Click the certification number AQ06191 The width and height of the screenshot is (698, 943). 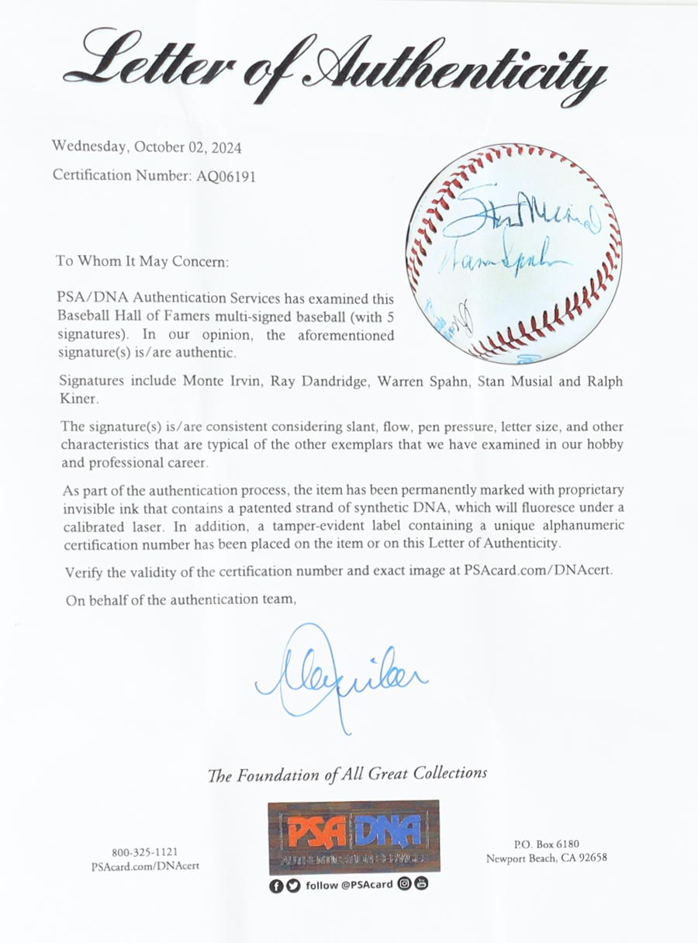223,176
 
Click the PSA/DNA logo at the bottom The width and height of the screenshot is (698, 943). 354,836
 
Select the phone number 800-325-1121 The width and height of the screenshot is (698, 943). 145,852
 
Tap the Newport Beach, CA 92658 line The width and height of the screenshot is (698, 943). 546,858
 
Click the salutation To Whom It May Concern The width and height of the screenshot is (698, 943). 142,261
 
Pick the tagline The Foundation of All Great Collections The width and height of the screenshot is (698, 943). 347,773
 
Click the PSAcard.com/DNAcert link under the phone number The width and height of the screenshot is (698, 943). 145,865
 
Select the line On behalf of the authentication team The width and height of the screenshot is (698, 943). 180,599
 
